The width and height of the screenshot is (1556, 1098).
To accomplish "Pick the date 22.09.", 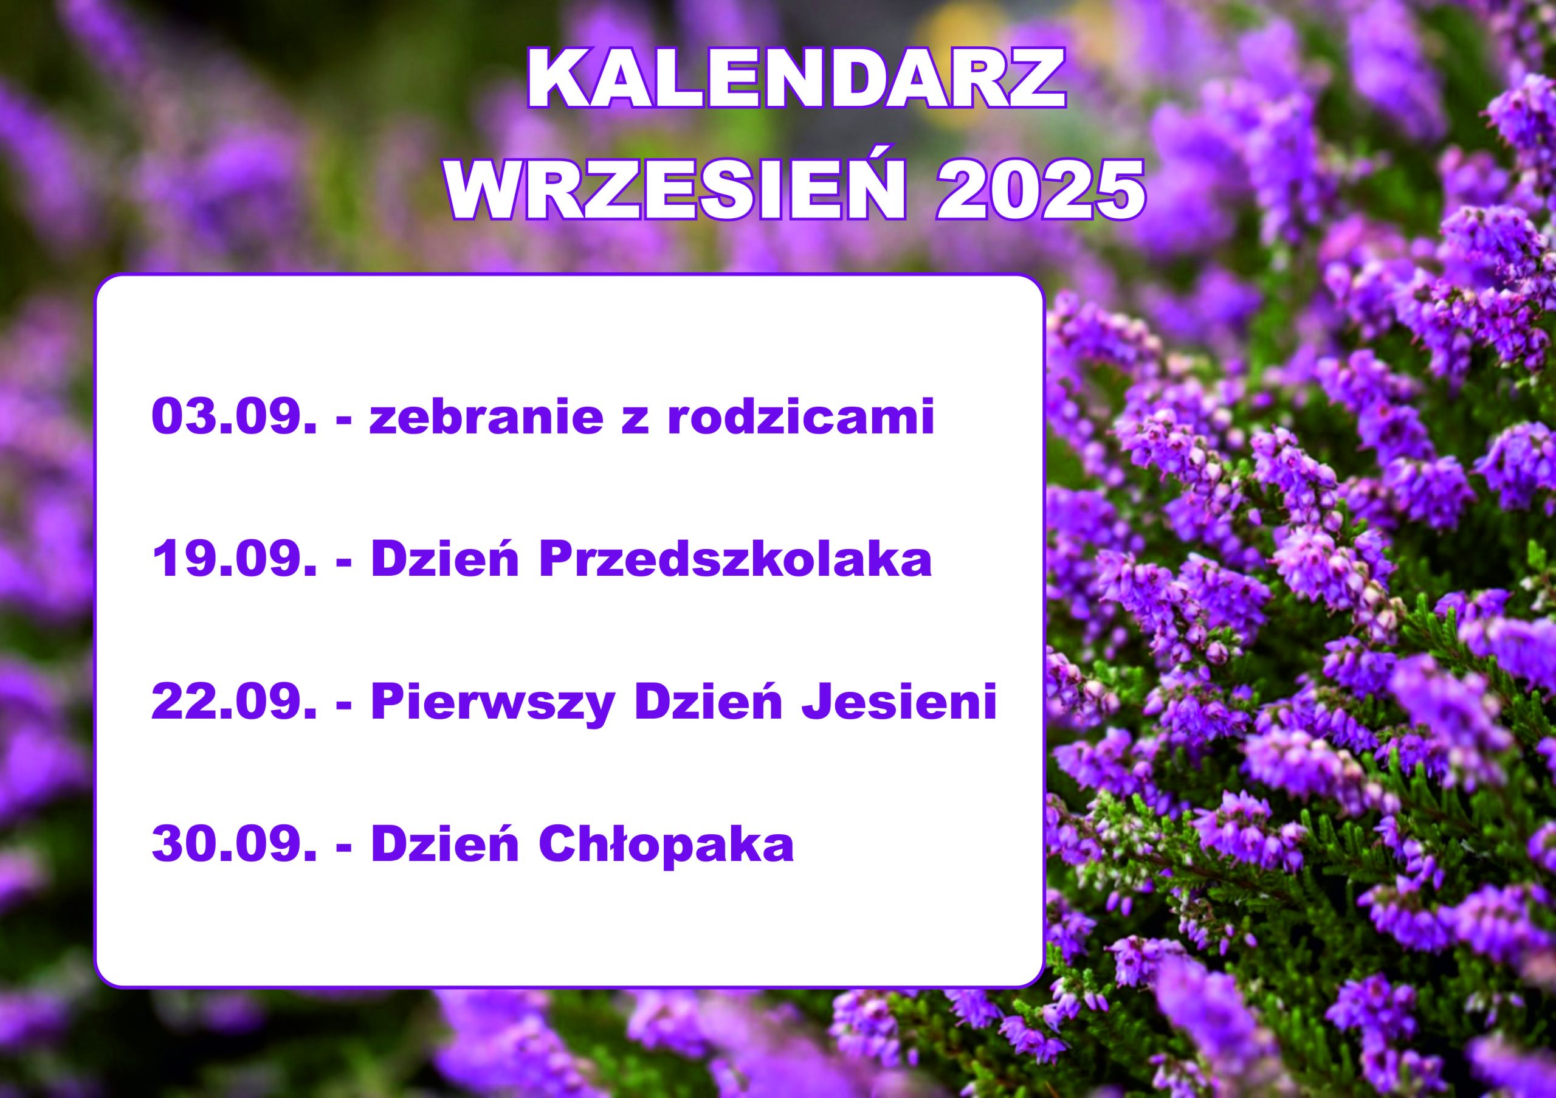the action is click(x=234, y=702).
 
